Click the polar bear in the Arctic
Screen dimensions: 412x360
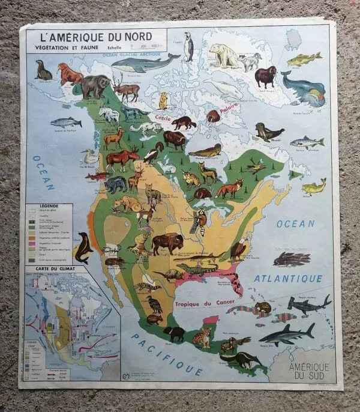[x=223, y=55]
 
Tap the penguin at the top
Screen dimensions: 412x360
[x=188, y=47]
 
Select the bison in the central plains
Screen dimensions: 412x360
[x=167, y=243]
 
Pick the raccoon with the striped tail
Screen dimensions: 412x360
[x=199, y=222]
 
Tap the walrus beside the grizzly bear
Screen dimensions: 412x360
[x=70, y=74]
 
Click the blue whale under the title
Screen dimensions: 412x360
[x=145, y=62]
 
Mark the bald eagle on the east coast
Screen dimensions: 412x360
[x=239, y=248]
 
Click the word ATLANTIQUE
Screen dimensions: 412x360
[x=288, y=279]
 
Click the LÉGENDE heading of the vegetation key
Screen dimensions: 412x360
[x=49, y=205]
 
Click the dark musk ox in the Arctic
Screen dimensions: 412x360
[x=265, y=76]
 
